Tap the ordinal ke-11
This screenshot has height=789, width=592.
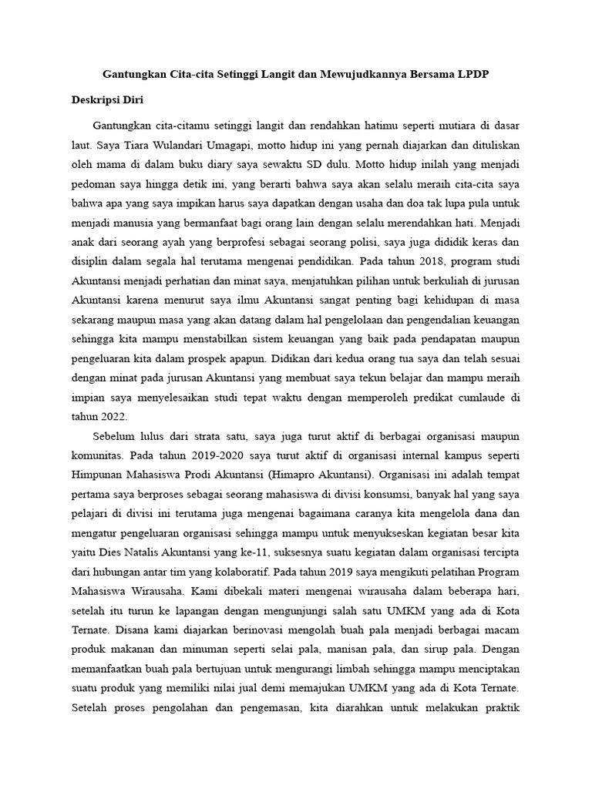[268, 578]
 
